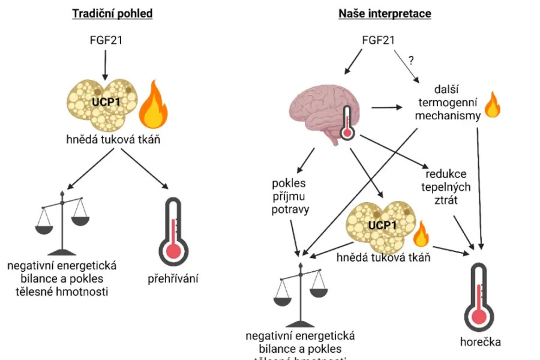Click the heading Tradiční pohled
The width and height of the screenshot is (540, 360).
point(112,13)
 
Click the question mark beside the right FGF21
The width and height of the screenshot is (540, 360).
point(412,60)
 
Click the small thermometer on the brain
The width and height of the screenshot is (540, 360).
point(347,122)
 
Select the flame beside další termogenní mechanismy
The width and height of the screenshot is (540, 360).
point(491,105)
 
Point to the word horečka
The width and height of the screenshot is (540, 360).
point(481,342)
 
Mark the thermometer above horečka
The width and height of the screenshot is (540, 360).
point(480,294)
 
